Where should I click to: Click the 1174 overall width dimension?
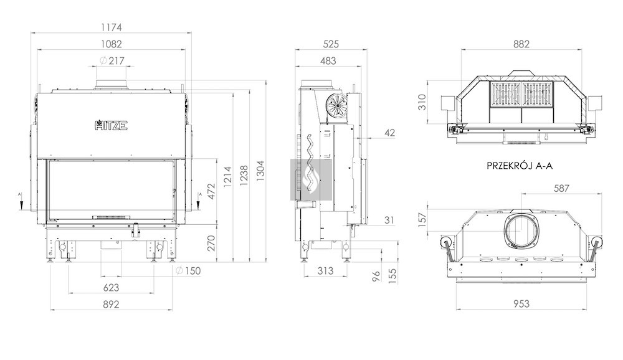pyautogui.click(x=112, y=27)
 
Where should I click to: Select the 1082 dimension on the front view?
pyautogui.click(x=112, y=44)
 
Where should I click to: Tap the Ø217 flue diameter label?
pyautogui.click(x=112, y=61)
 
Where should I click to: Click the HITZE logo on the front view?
pyautogui.click(x=112, y=125)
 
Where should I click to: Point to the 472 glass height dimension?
pyautogui.click(x=211, y=191)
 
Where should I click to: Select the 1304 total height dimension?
pyautogui.click(x=260, y=171)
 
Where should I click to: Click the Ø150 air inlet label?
pyautogui.click(x=188, y=271)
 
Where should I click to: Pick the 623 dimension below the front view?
pyautogui.click(x=112, y=288)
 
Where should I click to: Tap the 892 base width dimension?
pyautogui.click(x=112, y=305)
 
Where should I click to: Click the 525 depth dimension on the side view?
pyautogui.click(x=331, y=44)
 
